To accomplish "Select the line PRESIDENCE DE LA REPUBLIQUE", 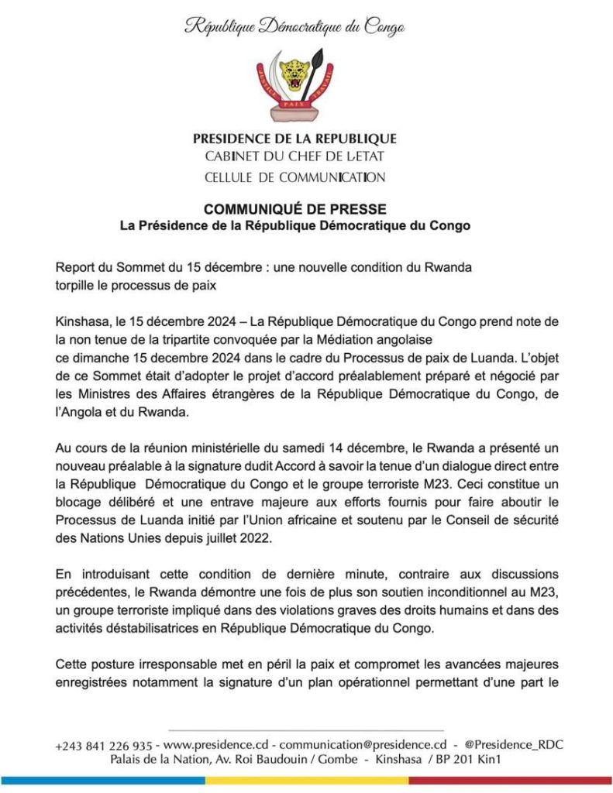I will tap(294, 139).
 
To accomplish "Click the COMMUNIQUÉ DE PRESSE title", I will tap(294, 210).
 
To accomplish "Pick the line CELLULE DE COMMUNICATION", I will tap(294, 177).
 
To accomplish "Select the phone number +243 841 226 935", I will tap(104, 745).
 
